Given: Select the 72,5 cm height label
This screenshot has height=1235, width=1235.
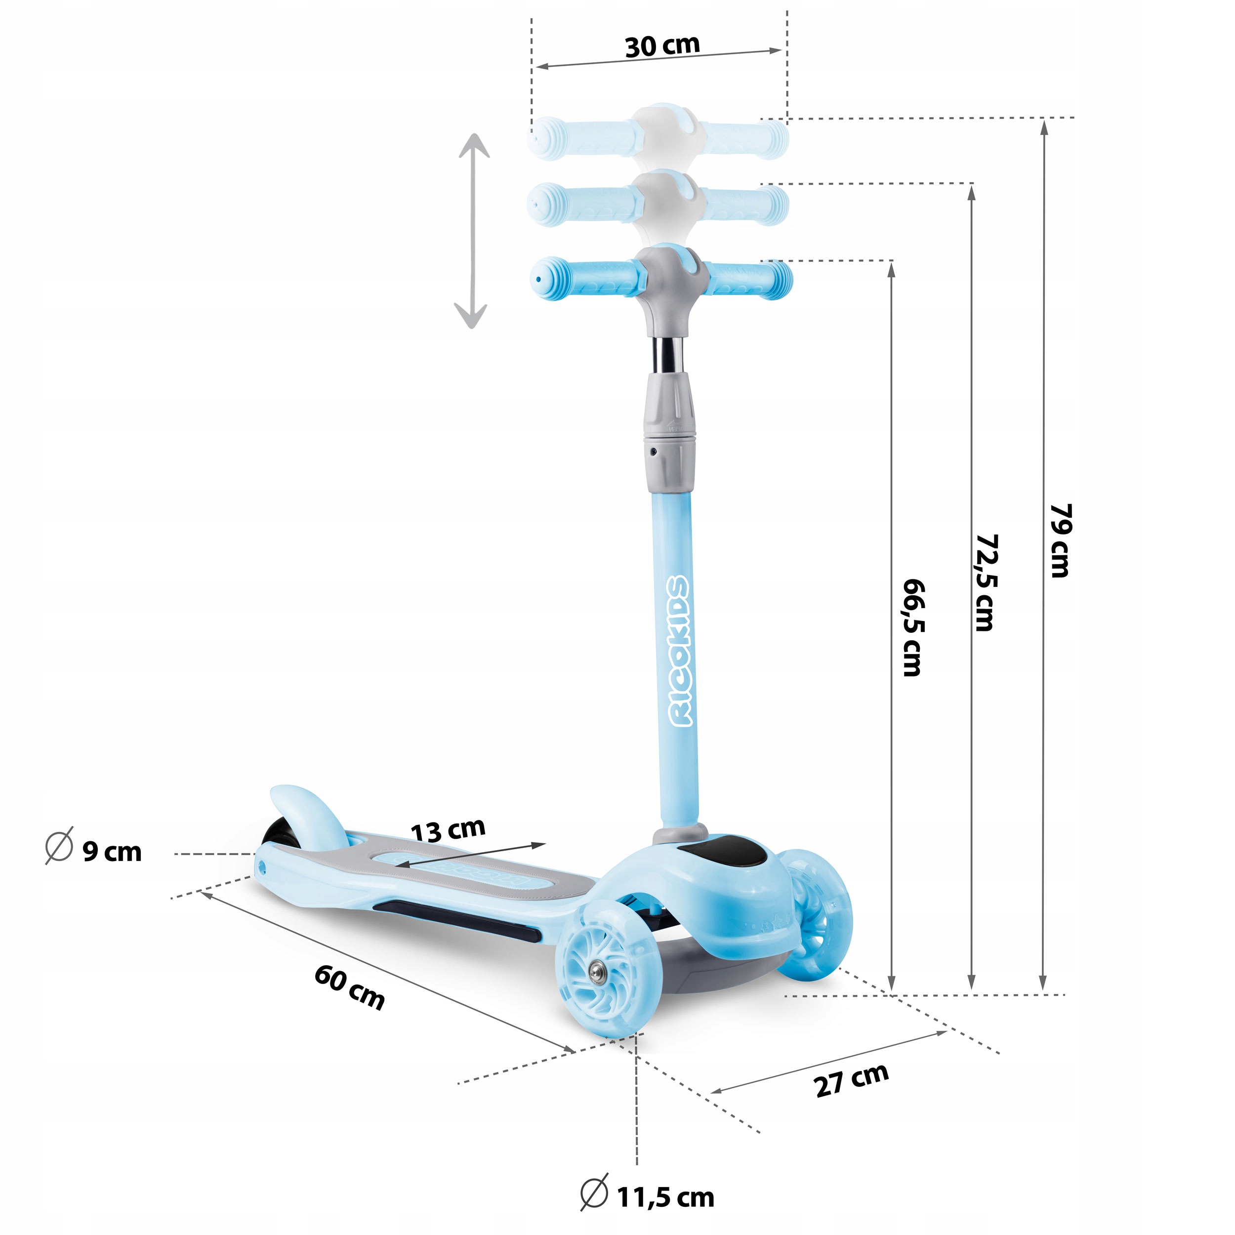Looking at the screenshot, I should coord(985,582).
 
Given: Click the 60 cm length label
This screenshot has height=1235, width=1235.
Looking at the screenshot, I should coord(349,987).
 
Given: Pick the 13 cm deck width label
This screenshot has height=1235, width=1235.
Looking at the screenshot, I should coord(448,830).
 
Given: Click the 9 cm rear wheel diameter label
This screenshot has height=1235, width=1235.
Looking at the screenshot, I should coord(112,852).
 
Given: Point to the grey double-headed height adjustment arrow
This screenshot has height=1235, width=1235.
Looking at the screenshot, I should coord(472,231).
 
